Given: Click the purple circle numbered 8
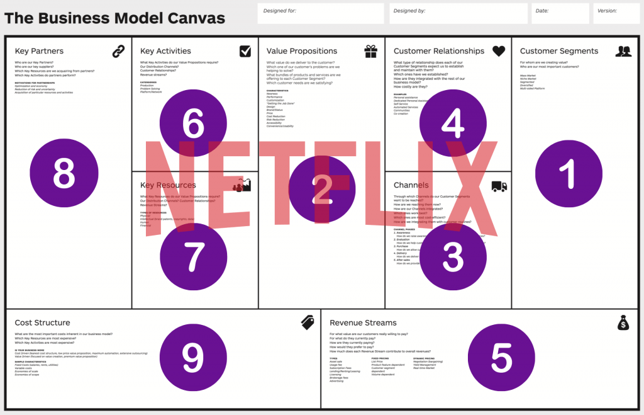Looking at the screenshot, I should coord(64,172).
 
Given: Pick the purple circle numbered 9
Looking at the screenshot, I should coord(193,357).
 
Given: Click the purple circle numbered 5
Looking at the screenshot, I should coord(501,357).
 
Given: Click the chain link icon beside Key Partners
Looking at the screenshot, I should coord(119,51).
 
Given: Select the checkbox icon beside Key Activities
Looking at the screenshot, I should coord(245,51).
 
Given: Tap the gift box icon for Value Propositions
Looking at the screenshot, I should coord(371,52).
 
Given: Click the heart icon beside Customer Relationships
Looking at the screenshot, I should coord(499,51).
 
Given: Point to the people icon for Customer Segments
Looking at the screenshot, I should coord(623,52).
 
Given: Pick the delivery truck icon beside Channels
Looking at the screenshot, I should coord(499,186).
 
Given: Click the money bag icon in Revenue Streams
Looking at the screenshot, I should coord(623,322).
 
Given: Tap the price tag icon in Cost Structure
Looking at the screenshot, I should coord(308,322).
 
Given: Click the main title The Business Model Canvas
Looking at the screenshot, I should coord(114,18).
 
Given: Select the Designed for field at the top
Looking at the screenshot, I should coord(321,13).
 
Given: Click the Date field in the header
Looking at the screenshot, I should coord(560,13).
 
